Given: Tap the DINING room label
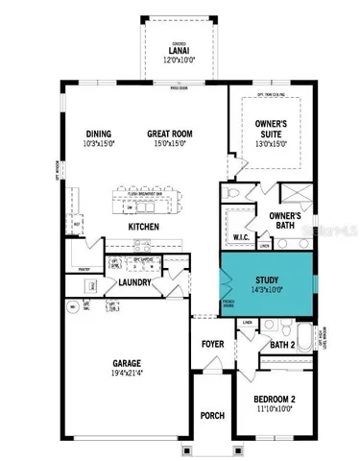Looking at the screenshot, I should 98,133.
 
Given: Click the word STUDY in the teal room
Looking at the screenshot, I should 267,279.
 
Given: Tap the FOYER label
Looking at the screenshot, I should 212,344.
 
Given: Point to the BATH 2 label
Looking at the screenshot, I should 281,345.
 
